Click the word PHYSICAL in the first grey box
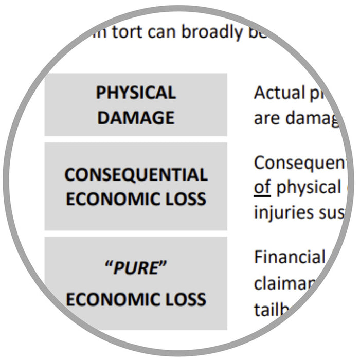click(x=136, y=93)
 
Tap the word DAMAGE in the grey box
click(x=136, y=118)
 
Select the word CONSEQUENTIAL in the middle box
click(x=136, y=175)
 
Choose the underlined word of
click(x=262, y=187)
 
